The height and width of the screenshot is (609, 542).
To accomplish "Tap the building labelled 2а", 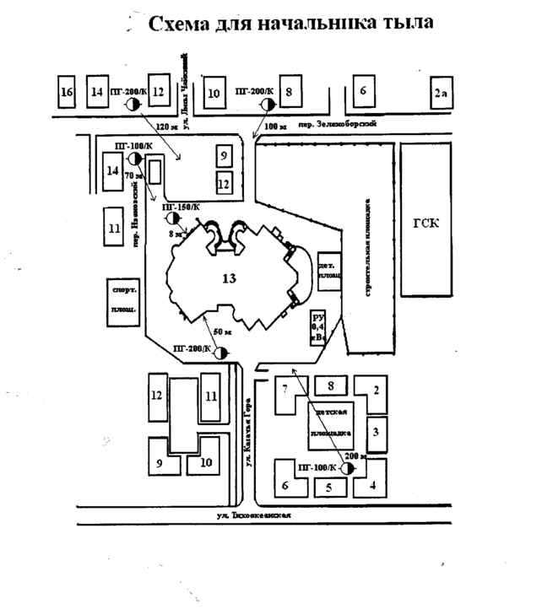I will (x=439, y=93).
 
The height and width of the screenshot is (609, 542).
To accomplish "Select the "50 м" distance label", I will (x=220, y=332).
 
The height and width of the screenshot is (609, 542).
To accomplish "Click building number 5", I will (x=331, y=487).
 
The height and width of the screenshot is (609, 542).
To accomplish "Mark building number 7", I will (x=285, y=389).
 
